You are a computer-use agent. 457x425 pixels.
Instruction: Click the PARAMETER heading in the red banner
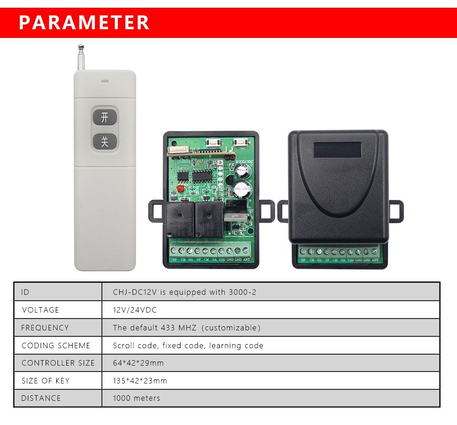pyautogui.click(x=85, y=22)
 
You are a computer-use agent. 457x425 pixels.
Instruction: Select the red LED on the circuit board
pyautogui.click(x=180, y=188)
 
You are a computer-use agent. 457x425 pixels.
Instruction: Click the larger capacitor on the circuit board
pyautogui.click(x=242, y=188)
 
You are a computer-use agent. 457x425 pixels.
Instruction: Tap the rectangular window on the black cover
pyautogui.click(x=337, y=149)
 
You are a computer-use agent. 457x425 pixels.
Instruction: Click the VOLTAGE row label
pyautogui.click(x=41, y=310)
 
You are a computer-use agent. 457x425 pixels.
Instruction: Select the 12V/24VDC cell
pyautogui.click(x=135, y=310)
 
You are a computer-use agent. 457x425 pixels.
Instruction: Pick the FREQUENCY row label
pyautogui.click(x=45, y=328)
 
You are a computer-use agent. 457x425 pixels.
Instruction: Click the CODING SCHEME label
pyautogui.click(x=56, y=345)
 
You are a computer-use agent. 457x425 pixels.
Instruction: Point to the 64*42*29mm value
pyautogui.click(x=138, y=363)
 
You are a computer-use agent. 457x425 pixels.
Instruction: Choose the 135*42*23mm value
pyautogui.click(x=140, y=381)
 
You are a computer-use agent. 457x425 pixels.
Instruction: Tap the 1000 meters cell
pyautogui.click(x=136, y=398)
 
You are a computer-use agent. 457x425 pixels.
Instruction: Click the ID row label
pyautogui.click(x=25, y=292)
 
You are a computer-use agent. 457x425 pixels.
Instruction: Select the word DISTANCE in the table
pyautogui.click(x=41, y=398)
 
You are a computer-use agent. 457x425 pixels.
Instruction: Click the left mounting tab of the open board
pyautogui.click(x=155, y=211)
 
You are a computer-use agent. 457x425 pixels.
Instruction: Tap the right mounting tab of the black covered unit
pyautogui.click(x=397, y=210)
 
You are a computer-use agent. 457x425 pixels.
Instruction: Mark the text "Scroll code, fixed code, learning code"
pyautogui.click(x=188, y=345)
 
